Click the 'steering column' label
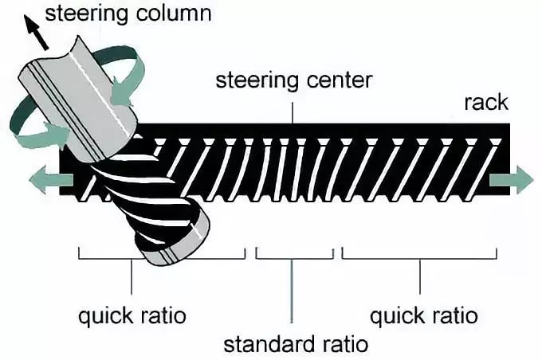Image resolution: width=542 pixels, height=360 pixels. point(128,14)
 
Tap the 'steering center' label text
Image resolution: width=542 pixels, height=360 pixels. point(294,81)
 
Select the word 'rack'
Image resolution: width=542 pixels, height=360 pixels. point(486,103)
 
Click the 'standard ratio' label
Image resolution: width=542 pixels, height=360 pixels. point(296,344)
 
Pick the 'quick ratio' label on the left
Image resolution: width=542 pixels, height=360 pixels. point(132,316)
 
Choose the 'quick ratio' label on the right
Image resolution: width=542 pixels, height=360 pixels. point(424,316)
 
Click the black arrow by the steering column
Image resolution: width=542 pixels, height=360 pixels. point(37,33)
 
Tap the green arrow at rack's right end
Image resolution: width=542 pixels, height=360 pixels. point(511,180)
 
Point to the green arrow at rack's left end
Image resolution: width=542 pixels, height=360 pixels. point(51,179)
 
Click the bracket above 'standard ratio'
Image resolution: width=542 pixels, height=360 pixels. point(295,258)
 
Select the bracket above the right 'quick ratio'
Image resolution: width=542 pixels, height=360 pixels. point(419,258)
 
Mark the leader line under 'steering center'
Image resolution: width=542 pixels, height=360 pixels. point(293,112)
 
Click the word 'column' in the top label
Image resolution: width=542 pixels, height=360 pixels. point(174,14)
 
